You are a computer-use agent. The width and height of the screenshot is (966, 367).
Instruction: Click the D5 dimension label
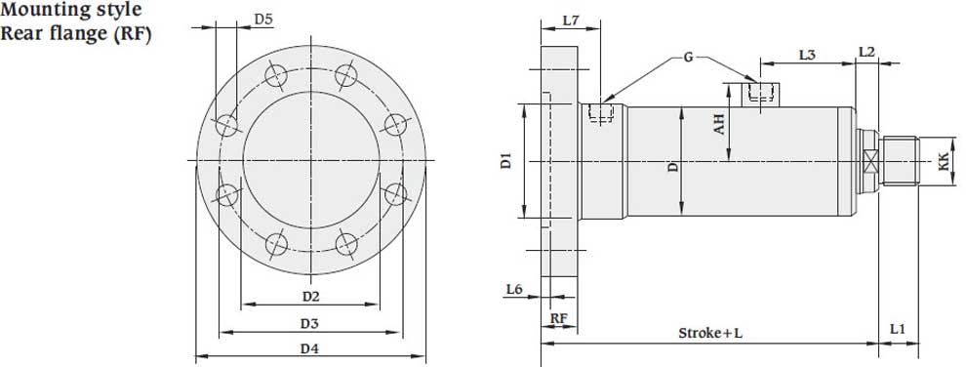pos(263,20)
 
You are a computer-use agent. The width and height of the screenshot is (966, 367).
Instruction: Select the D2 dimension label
pos(311,296)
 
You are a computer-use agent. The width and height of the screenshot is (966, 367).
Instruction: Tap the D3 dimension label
pos(310,323)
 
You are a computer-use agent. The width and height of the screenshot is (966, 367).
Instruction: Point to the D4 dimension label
pos(310,348)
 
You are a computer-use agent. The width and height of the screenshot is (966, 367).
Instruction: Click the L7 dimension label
pos(571,20)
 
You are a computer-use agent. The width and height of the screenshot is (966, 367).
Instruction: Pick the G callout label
pos(688,58)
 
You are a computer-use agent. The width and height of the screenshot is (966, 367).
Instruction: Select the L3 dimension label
pos(808,55)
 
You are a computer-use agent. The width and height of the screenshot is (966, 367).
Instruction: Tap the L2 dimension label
pos(866,53)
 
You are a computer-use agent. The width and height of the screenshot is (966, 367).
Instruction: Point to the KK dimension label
pos(943,161)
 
